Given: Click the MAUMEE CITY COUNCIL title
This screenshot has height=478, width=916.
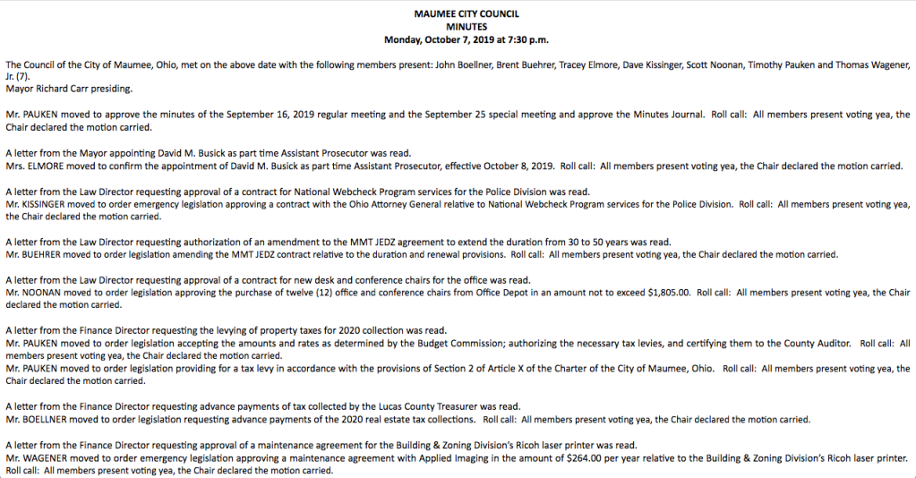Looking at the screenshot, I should click(x=466, y=14).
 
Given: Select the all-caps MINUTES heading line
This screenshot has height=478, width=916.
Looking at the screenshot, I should click(x=466, y=27).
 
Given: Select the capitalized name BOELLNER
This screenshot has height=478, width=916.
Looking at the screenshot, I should click(x=47, y=420).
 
